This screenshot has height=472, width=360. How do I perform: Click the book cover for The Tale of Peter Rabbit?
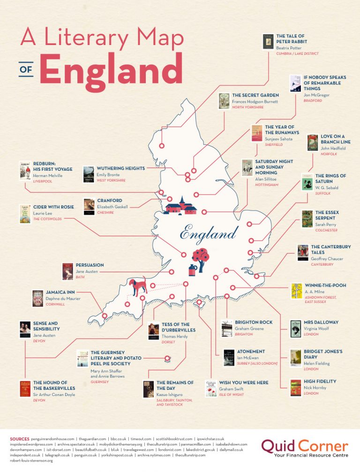(x=268, y=42)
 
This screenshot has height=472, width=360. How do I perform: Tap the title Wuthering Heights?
(x=121, y=168)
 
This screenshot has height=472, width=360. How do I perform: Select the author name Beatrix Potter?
(x=289, y=48)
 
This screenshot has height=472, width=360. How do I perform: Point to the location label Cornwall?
(x=55, y=304)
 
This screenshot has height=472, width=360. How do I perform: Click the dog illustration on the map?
(x=138, y=287)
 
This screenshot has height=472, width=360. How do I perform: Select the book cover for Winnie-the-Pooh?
(x=296, y=291)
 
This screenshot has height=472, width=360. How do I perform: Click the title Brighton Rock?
(x=254, y=322)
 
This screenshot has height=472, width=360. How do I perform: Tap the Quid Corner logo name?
(x=305, y=446)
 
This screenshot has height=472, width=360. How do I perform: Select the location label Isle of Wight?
(x=232, y=395)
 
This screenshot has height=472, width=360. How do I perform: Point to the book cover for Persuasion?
(x=68, y=271)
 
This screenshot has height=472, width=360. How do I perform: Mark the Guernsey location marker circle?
(x=167, y=359)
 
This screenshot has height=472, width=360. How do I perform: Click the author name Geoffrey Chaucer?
(x=327, y=259)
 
